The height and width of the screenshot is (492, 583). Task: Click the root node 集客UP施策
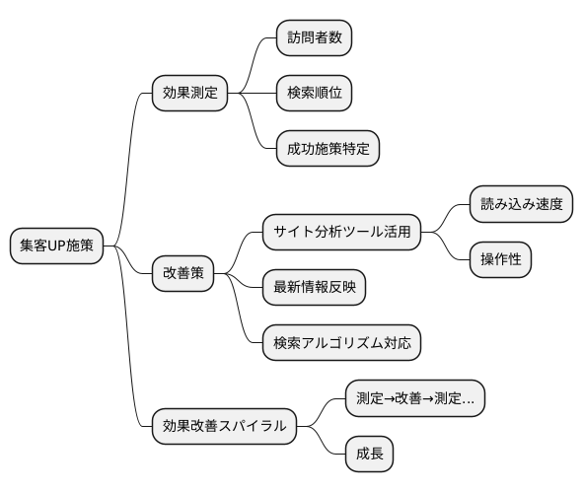[56, 246]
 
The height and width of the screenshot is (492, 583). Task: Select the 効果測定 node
[189, 95]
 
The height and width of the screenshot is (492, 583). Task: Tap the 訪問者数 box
[313, 40]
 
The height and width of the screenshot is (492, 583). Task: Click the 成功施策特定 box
[327, 149]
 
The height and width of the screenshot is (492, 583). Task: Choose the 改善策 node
[182, 273]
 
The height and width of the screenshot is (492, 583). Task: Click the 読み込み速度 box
[520, 205]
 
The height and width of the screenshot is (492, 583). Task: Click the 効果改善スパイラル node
[224, 426]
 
